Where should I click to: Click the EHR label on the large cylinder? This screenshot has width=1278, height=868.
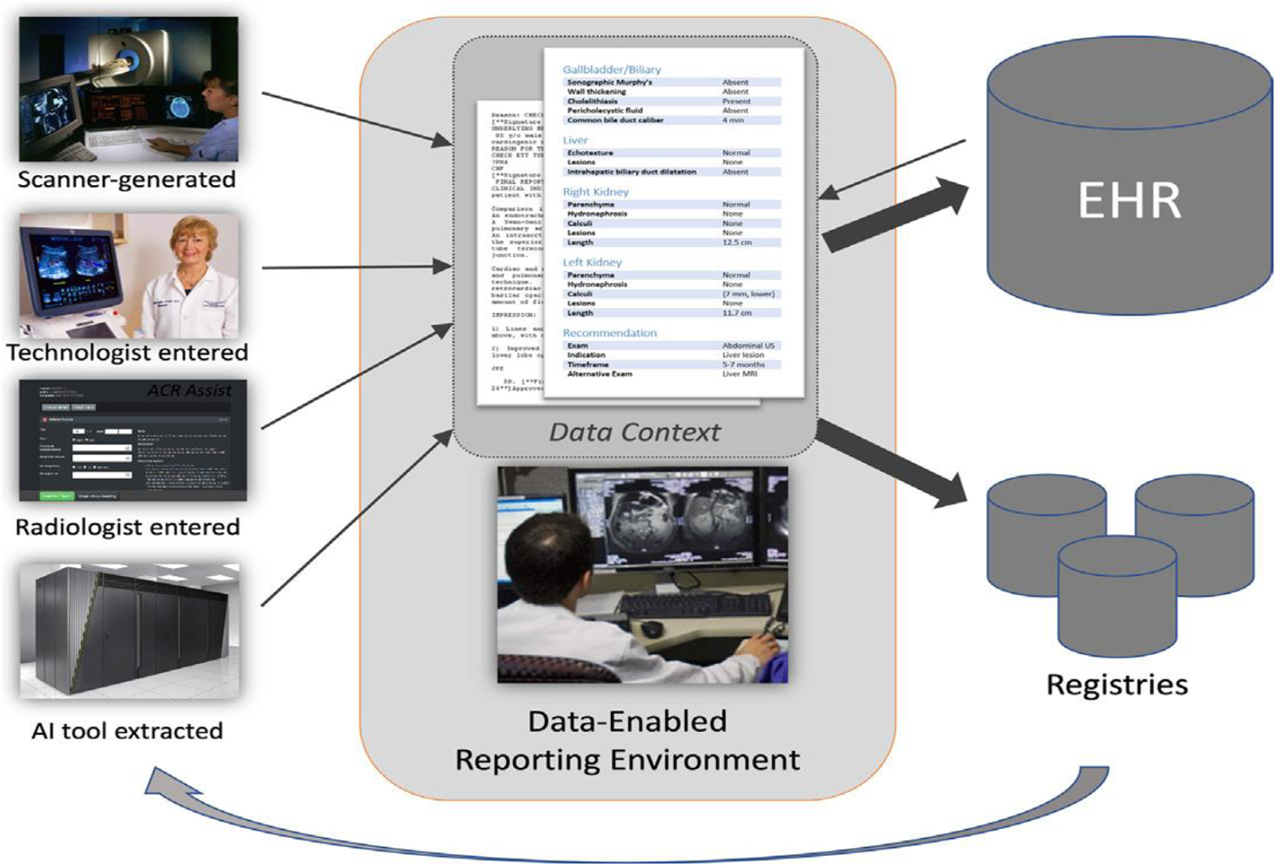[1129, 201]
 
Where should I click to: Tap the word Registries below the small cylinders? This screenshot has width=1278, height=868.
[1116, 685]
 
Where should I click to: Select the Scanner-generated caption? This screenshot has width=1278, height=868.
[127, 179]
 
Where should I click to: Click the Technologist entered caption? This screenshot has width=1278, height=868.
[127, 352]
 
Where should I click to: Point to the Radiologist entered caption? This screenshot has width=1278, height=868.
[127, 526]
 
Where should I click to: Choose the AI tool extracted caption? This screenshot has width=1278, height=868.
[127, 731]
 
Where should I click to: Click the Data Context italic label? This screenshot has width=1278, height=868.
[634, 432]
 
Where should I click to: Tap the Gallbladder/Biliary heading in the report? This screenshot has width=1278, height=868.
[611, 69]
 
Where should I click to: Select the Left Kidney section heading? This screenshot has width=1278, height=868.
[592, 262]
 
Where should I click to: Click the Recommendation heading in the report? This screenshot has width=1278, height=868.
[609, 332]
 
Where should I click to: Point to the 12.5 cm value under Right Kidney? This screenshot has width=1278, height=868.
[736, 242]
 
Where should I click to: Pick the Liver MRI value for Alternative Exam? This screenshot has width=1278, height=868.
[739, 374]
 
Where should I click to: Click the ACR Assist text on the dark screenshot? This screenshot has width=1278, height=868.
[189, 391]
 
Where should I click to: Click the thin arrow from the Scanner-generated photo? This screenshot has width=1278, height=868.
[357, 119]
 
